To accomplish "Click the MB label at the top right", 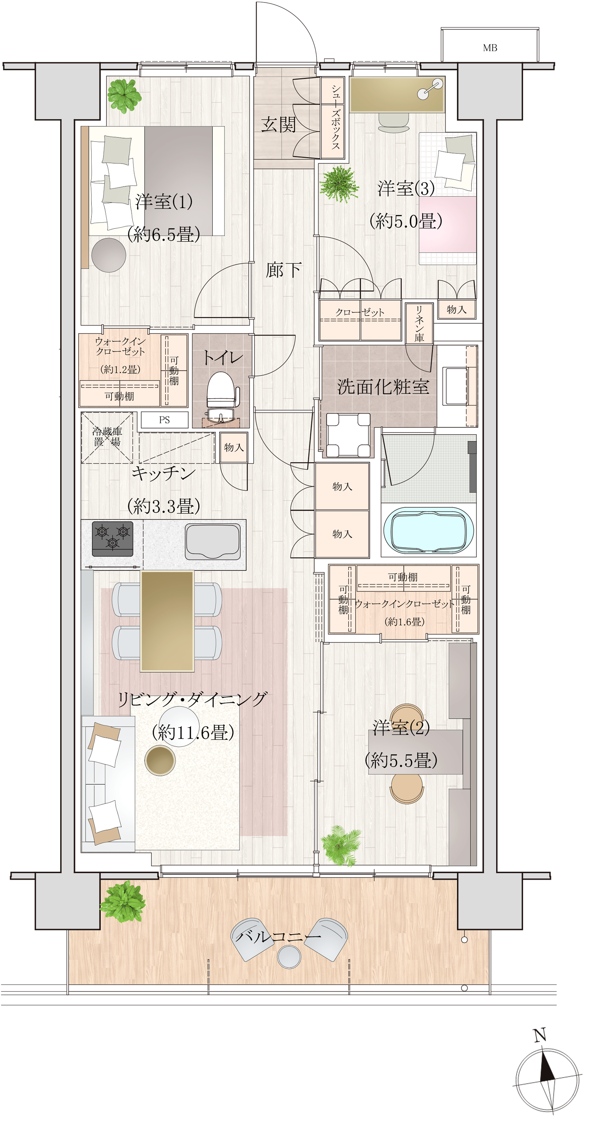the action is pos(490,48).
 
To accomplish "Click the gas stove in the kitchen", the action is pos(113,538).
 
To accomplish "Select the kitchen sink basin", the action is pos(213,541).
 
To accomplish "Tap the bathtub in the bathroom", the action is pos(429,530).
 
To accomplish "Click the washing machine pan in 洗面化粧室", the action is pos(348,435).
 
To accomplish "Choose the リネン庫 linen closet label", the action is pos(419,323).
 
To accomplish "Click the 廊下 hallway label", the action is pos(283,270).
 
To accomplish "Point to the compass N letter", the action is pos(540,1035).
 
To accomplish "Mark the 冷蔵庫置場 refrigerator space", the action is pos(107,437).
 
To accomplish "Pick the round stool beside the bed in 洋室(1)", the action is pos(109,255).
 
